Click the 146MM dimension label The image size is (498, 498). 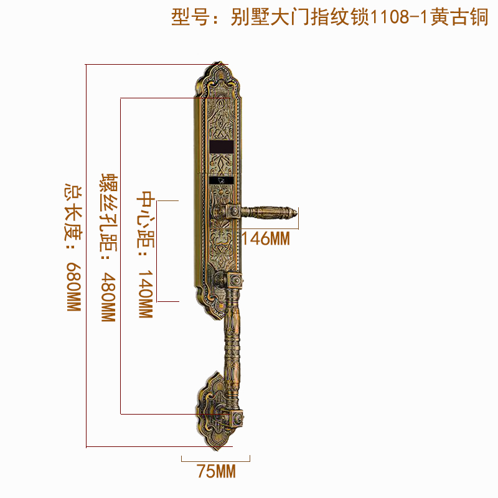(x=266, y=238)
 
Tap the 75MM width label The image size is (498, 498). (x=216, y=472)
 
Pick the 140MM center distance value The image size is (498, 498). (x=144, y=293)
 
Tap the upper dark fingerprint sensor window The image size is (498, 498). (x=221, y=147)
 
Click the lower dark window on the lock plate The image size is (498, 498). (x=221, y=181)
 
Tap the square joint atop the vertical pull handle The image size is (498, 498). (x=233, y=282)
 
